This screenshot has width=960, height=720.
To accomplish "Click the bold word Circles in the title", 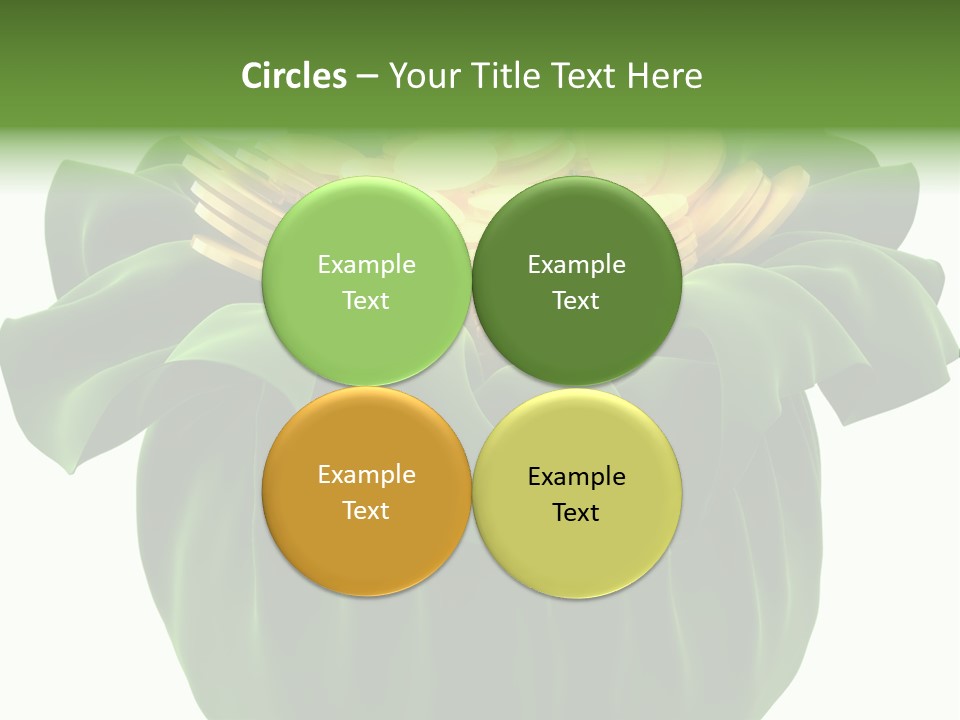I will (x=294, y=76).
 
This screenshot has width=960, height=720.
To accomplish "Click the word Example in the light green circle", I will (x=366, y=264).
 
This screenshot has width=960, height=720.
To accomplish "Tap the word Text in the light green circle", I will (x=366, y=300).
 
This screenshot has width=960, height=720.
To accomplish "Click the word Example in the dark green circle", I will (x=576, y=264).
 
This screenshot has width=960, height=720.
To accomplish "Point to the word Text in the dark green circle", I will (x=576, y=300).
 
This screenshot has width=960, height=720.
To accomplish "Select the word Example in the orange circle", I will (x=366, y=474).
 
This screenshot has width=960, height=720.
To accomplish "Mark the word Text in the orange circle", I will (x=366, y=510).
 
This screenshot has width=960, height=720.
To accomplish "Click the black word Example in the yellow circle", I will (x=576, y=476).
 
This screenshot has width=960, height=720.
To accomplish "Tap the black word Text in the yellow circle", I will (x=576, y=512).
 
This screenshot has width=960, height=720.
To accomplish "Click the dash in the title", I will (x=367, y=77).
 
